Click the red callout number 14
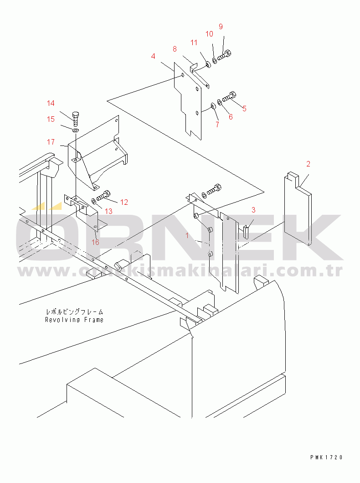(51, 103)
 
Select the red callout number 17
(51, 142)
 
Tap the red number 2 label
(309, 164)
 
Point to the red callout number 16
(95, 242)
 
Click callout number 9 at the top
(221, 27)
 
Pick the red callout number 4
(153, 57)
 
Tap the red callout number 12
(124, 202)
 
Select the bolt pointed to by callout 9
(224, 55)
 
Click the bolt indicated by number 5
(229, 96)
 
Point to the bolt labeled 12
(104, 195)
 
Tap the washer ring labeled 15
(75, 130)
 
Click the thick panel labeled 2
(297, 208)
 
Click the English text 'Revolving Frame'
(74, 320)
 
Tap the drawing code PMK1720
(326, 457)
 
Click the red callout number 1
(187, 236)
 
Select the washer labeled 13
(93, 202)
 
